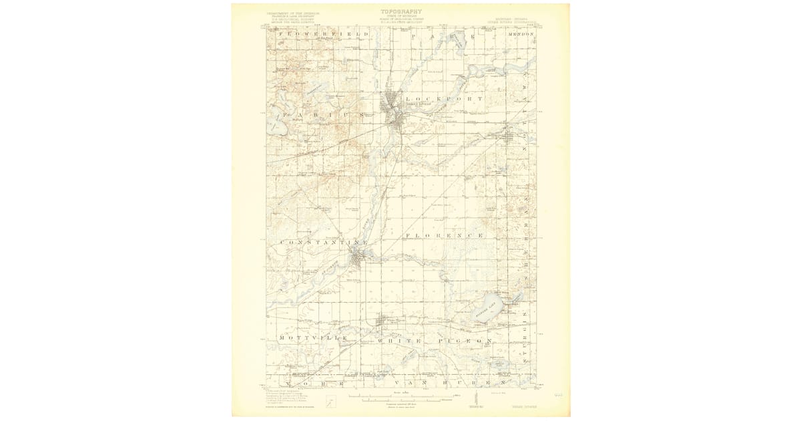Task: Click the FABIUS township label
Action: tap(321, 115)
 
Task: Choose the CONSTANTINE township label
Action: tap(324, 241)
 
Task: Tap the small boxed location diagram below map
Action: tap(330, 401)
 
